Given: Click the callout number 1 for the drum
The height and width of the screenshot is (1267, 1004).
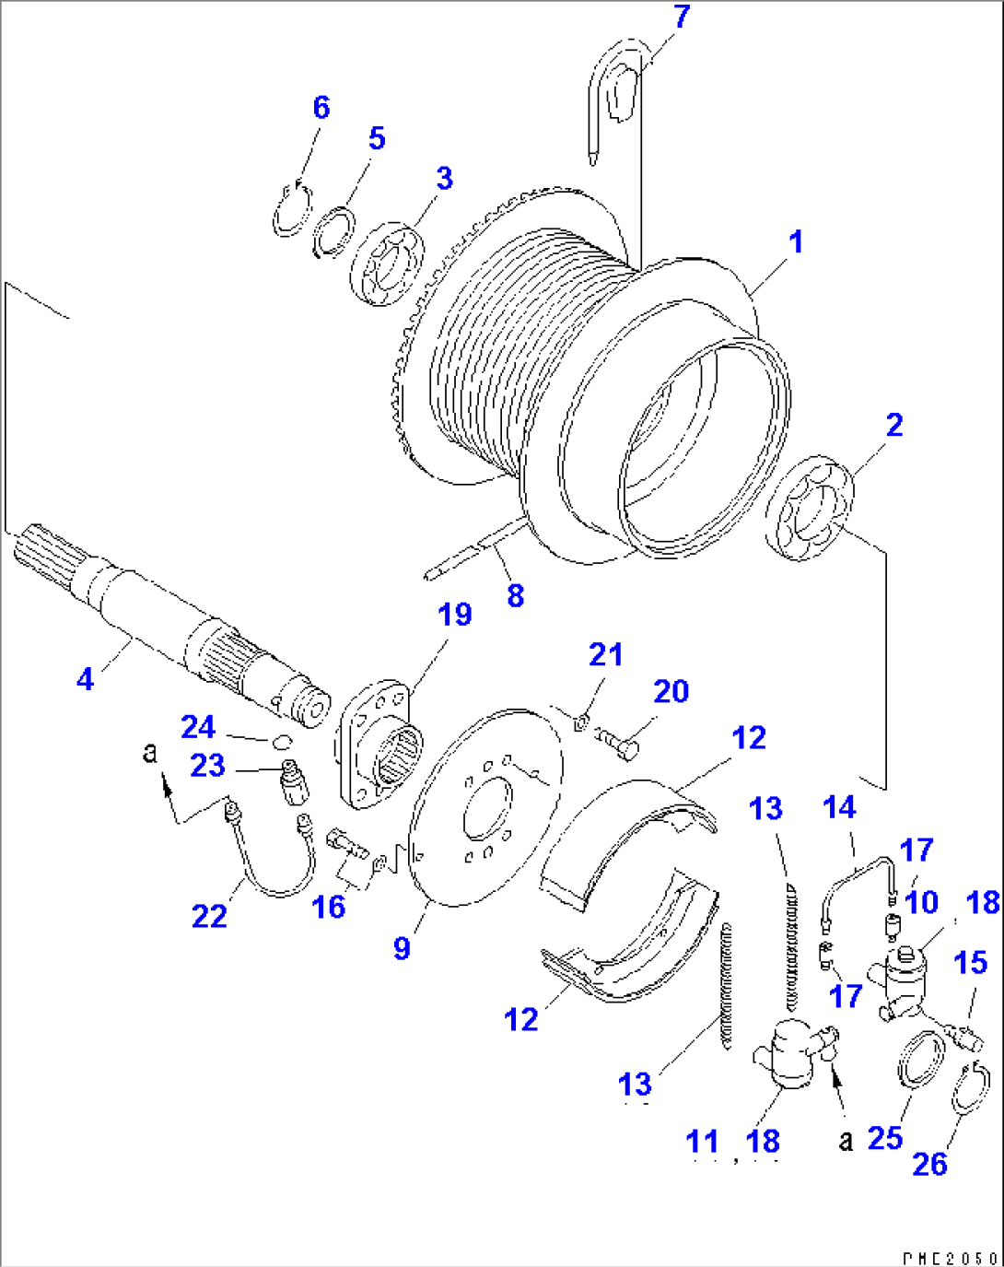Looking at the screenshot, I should point(796,242).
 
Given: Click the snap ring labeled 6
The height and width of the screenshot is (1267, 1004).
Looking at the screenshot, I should point(293,212).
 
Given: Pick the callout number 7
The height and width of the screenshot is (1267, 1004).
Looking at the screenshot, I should point(682,18).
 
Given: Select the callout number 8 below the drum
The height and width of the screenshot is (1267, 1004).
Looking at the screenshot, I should point(515,596).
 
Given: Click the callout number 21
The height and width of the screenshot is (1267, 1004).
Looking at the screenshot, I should point(605,655).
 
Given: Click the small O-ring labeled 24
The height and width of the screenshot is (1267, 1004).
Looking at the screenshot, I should point(282,739).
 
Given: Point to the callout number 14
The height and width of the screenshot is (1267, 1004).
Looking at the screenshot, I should point(839,808).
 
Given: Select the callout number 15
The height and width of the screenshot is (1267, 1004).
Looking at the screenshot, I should point(970,963).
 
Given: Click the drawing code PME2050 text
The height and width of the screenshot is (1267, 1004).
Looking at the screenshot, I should point(949,1257).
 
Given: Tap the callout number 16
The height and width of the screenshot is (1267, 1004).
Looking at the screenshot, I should point(329,907).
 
